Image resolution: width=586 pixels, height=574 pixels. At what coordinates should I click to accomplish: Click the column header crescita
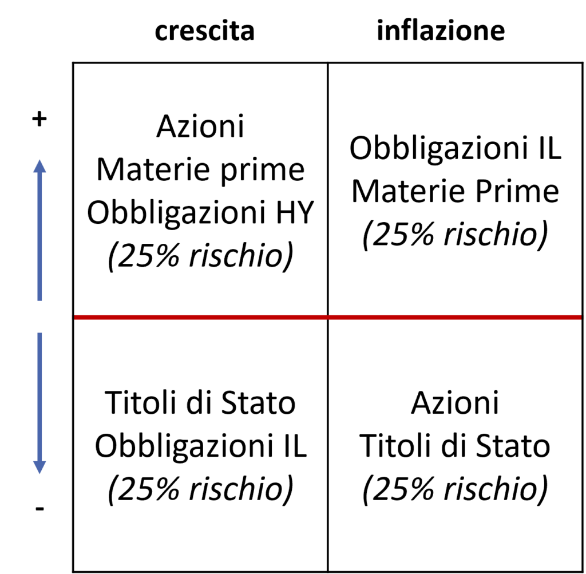pyautogui.click(x=204, y=31)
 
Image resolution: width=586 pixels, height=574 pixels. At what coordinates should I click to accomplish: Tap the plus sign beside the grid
pyautogui.click(x=39, y=119)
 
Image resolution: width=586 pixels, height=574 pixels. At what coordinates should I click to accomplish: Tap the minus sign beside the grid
pyautogui.click(x=39, y=508)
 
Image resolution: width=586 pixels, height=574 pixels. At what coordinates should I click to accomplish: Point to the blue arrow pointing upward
pyautogui.click(x=39, y=230)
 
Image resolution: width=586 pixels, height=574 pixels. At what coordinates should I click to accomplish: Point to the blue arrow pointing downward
pyautogui.click(x=39, y=403)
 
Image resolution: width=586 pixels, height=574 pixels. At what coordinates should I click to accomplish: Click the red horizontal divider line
pyautogui.click(x=328, y=317)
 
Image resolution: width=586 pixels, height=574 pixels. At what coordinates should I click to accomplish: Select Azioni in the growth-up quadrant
pyautogui.click(x=200, y=126)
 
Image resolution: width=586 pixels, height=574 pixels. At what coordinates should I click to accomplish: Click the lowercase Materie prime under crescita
pyautogui.click(x=201, y=171)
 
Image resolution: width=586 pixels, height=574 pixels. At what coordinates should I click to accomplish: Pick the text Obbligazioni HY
pyautogui.click(x=201, y=213)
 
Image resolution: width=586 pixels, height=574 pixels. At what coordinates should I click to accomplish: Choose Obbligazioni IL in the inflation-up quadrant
pyautogui.click(x=455, y=149)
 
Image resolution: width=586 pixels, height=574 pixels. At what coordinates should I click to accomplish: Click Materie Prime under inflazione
pyautogui.click(x=455, y=191)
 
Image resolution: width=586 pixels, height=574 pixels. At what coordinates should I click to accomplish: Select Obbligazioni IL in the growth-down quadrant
pyautogui.click(x=201, y=446)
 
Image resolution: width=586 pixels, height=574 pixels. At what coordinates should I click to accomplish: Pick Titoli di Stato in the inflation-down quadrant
pyautogui.click(x=455, y=445)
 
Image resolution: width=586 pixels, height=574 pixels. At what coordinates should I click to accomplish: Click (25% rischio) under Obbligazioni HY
pyautogui.click(x=201, y=256)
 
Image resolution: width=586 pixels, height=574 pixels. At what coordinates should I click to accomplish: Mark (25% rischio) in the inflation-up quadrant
pyautogui.click(x=455, y=235)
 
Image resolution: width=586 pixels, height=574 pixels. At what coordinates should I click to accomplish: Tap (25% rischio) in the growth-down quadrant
pyautogui.click(x=201, y=489)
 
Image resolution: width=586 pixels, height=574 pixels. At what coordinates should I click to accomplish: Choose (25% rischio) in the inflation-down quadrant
pyautogui.click(x=455, y=489)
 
